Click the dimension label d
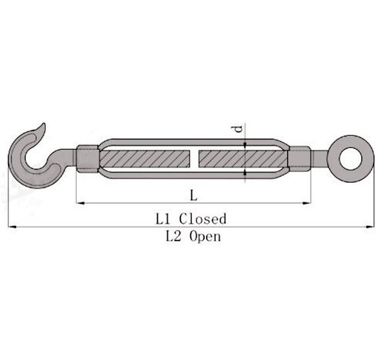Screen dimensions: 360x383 tap(238, 129)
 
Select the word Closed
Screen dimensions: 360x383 tap(203, 219)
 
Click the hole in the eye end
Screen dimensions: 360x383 tap(349, 158)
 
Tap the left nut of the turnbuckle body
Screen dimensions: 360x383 tap(88, 159)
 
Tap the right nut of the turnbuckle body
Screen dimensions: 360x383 tap(299, 159)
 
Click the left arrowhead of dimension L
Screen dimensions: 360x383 tap(80, 203)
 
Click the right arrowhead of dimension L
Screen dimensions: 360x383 tap(308, 203)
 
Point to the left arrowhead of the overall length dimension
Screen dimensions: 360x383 tap(12, 227)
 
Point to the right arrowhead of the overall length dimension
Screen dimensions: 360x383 tap(371, 227)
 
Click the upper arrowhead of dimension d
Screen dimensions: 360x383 tap(245, 145)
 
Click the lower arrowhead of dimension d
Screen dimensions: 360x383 tap(245, 172)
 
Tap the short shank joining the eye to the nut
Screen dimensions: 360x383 tap(319, 158)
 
